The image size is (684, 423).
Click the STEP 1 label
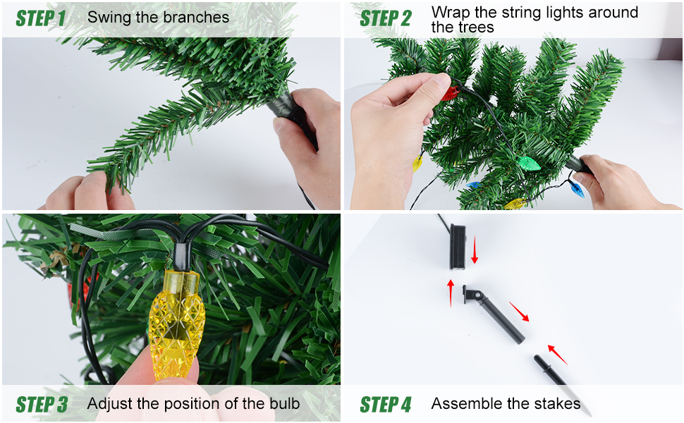pyautogui.click(x=41, y=18)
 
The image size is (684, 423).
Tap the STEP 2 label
pyautogui.click(x=386, y=18)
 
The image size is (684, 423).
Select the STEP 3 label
pyautogui.click(x=42, y=405)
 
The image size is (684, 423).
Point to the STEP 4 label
pyautogui.click(x=386, y=405)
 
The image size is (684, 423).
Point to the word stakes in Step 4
pyautogui.click(x=558, y=403)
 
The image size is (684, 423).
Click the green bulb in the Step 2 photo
pyautogui.click(x=528, y=164)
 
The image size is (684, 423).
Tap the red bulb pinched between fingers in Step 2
pyautogui.click(x=450, y=93)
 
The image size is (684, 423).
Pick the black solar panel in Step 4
pyautogui.click(x=458, y=246)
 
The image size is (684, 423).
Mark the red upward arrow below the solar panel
pyautogui.click(x=451, y=293)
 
